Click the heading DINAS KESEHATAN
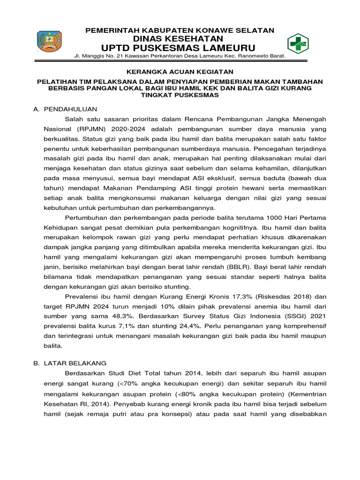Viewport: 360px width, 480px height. point(180,38)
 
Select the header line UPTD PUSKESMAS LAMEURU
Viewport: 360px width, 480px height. point(180,48)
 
